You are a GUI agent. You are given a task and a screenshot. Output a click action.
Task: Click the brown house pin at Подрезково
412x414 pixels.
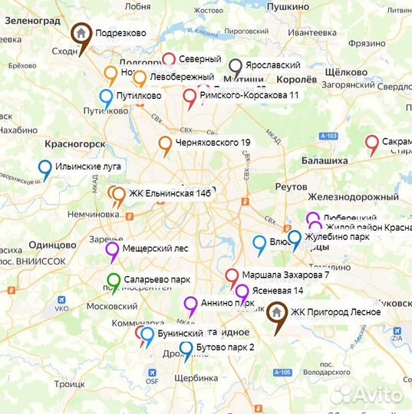(x=80, y=34)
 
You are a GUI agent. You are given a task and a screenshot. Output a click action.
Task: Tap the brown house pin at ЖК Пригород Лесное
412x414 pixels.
(x=276, y=314)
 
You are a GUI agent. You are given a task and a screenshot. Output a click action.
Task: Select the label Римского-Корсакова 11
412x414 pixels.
(x=249, y=96)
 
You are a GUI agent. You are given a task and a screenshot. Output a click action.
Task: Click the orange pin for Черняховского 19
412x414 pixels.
(x=165, y=143)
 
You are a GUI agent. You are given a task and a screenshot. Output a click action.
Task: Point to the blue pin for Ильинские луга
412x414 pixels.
(x=45, y=167)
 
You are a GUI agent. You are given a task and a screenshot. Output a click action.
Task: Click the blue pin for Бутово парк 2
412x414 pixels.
(x=186, y=349)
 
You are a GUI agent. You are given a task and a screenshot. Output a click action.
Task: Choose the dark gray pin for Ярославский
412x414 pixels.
(x=236, y=67)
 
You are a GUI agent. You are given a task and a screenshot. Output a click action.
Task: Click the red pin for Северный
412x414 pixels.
(x=169, y=60)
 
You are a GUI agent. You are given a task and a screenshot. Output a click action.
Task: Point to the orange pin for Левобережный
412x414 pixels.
(x=140, y=77)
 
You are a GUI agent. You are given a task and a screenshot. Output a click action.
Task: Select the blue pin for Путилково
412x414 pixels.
(x=107, y=97)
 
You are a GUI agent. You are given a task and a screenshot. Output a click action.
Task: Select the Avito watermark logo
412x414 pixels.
(x=366, y=394)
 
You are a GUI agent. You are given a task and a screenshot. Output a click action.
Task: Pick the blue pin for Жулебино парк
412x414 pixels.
(x=294, y=238)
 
